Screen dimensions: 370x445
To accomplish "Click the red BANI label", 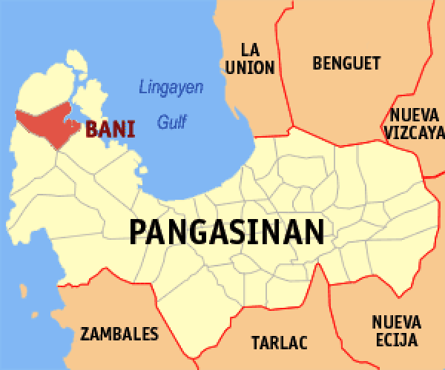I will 111,129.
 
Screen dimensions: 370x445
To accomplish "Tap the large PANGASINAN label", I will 227,232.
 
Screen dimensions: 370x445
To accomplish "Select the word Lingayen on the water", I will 171,87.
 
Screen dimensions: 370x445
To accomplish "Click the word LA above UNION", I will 250,50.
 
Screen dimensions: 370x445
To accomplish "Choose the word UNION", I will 250,67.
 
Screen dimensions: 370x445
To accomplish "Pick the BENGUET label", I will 346,63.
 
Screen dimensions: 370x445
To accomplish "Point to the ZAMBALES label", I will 119,334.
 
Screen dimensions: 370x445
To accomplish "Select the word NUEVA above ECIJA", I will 396,323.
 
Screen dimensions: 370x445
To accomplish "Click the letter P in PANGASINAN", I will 136,232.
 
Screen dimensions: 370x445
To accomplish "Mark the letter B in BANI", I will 92,129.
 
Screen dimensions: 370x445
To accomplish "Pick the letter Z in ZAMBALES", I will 85,334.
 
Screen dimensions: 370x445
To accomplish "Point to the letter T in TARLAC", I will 255,343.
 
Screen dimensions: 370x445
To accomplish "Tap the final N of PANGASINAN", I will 316,232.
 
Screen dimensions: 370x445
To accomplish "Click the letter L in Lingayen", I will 143,87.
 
